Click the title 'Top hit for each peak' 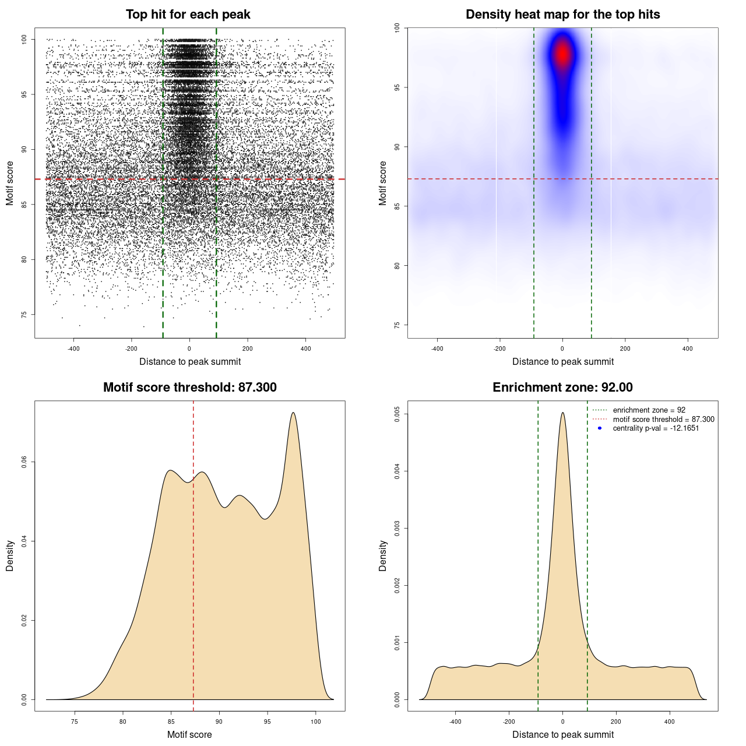188,15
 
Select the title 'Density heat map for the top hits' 562,15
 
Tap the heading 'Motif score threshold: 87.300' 189,388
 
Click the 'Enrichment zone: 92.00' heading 562,388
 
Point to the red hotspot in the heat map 562,54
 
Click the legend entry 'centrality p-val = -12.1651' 656,428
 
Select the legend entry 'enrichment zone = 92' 649,410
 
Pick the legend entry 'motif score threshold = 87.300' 663,420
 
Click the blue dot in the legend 600,428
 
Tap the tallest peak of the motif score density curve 293,413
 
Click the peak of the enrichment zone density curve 562,413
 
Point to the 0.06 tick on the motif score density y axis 24,462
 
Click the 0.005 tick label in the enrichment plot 397,414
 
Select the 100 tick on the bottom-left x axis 315,722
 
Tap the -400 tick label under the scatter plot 73,349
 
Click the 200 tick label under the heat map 625,349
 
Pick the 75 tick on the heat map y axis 397,325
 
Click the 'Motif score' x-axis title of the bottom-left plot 189,734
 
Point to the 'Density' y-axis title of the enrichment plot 383,555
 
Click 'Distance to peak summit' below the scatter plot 190,361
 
